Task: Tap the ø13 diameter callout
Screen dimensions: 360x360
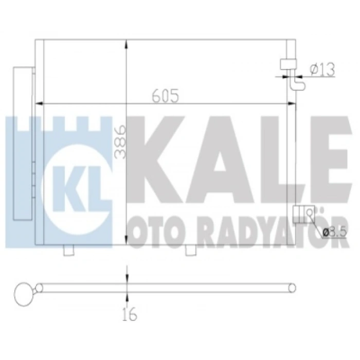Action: pyautogui.click(x=322, y=69)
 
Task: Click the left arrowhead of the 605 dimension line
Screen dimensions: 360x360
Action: pyautogui.click(x=37, y=104)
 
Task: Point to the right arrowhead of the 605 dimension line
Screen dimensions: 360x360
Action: pyautogui.click(x=293, y=104)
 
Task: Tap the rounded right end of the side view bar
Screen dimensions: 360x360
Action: pyautogui.click(x=294, y=288)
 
